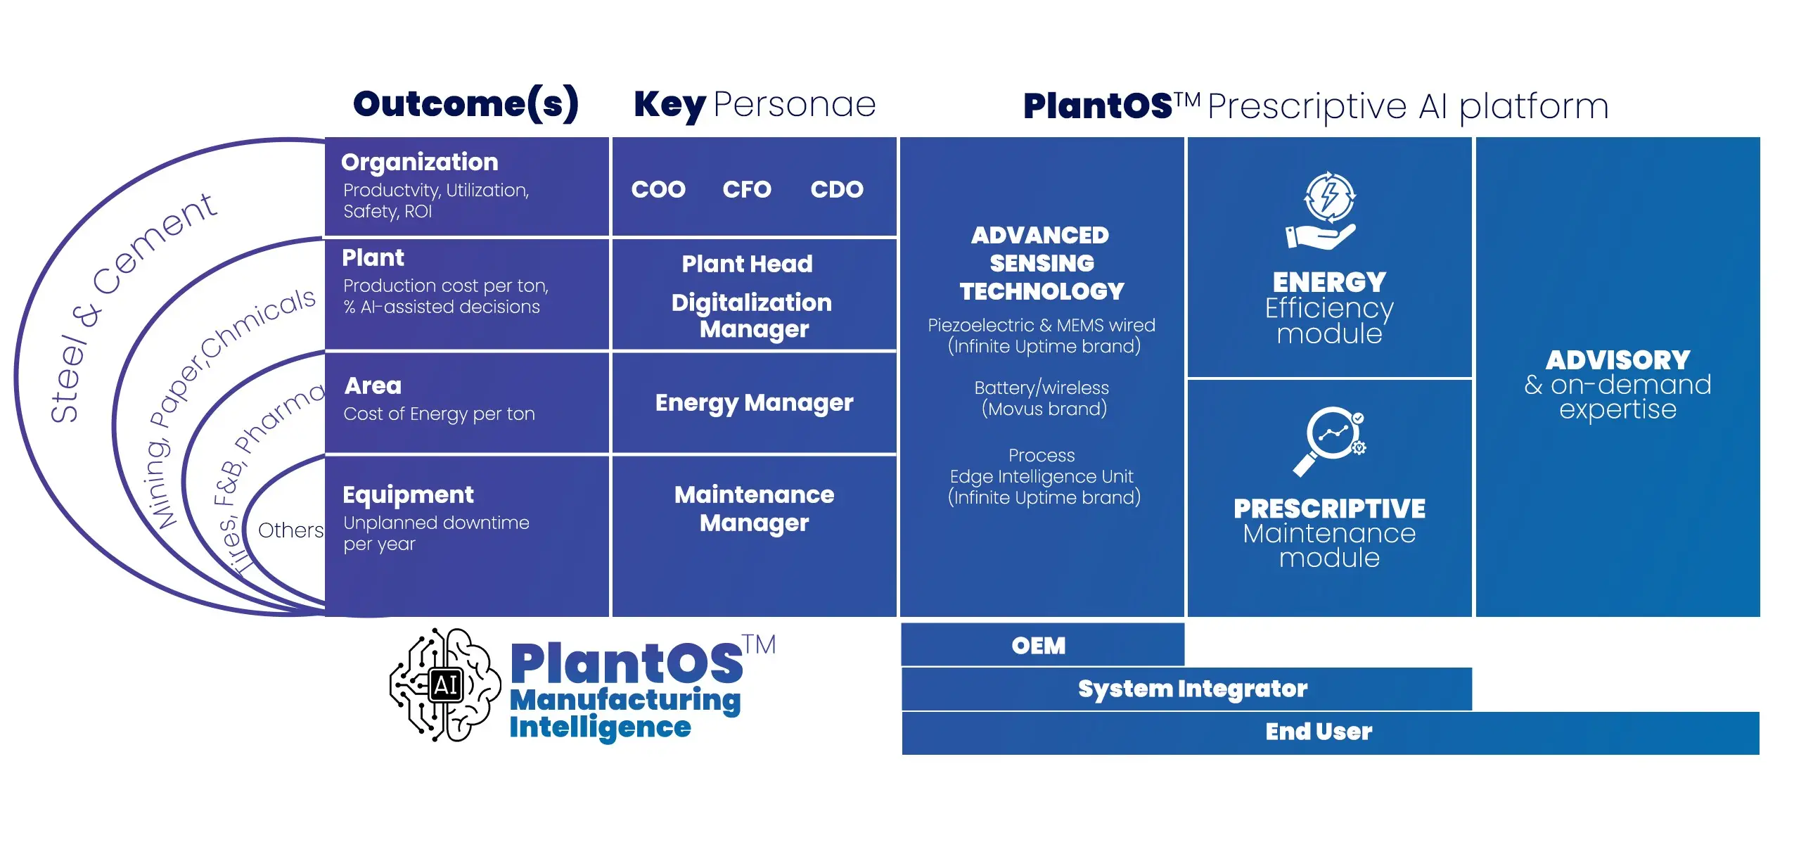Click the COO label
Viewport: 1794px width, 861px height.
coord(658,189)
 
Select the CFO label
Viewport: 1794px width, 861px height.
coord(746,189)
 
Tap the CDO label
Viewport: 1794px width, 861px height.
coord(836,189)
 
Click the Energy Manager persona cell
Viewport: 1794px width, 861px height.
coord(754,402)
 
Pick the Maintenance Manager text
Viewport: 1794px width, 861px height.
coord(754,509)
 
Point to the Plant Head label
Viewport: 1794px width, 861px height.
coord(747,264)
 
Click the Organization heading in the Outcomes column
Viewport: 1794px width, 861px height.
coord(420,162)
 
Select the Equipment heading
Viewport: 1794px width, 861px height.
coord(408,495)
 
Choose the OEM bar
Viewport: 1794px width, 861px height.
coord(1039,645)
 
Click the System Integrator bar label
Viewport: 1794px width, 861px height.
coord(1193,689)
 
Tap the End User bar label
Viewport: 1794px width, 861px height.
coord(1319,732)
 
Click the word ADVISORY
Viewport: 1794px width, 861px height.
coord(1617,360)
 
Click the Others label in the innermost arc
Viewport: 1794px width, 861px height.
coord(290,530)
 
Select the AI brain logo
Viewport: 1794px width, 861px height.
coord(445,684)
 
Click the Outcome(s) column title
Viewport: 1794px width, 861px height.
coord(466,104)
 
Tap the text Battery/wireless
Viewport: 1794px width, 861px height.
coord(1041,388)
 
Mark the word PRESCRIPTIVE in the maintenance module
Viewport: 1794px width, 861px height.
coord(1328,509)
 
